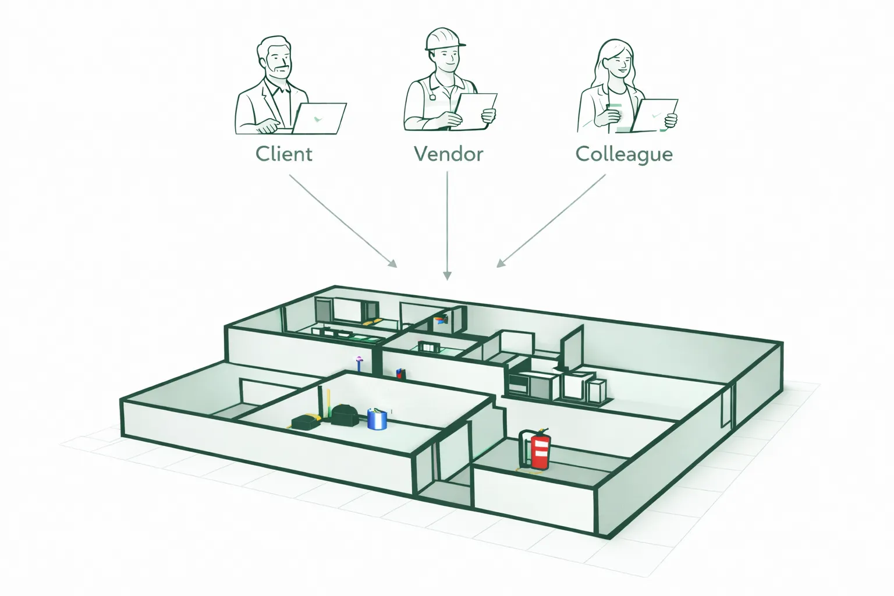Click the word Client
284,154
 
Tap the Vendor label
448,154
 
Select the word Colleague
624,154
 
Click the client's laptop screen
318,118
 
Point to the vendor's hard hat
444,38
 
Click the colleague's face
616,58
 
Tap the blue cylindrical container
377,418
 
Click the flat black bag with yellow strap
305,421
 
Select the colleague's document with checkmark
654,115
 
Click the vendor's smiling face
445,59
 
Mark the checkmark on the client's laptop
316,119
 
